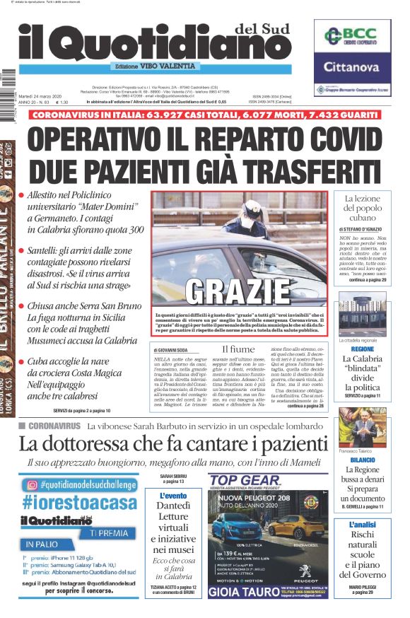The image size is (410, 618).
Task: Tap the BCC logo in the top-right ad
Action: [356, 36]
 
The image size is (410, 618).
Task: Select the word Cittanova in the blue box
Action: [356, 67]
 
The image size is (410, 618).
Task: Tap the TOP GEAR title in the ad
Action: [242, 481]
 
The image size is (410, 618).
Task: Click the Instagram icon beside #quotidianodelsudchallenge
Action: [31, 485]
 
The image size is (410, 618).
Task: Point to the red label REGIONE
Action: [363, 349]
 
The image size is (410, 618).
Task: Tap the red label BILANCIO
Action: [362, 460]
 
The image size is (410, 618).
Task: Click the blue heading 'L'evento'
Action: [174, 496]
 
